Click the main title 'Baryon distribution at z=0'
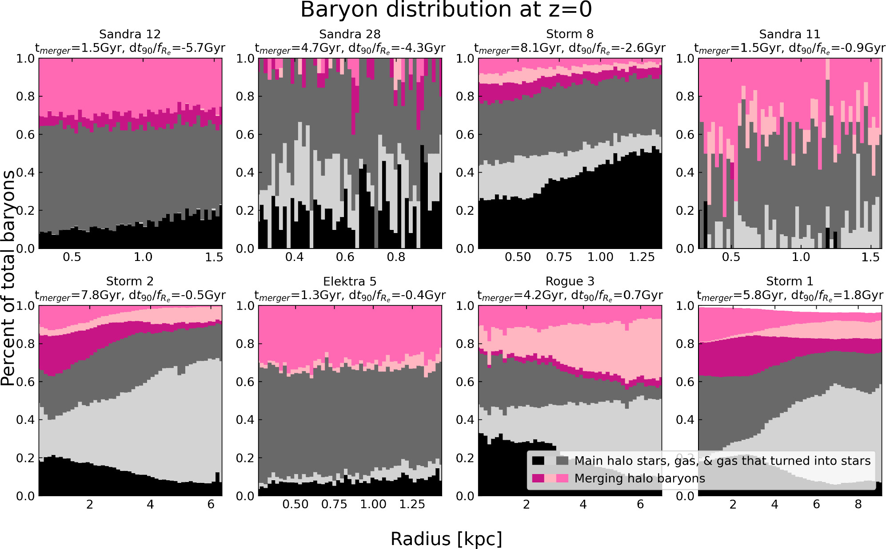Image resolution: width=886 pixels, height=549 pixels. tap(446, 10)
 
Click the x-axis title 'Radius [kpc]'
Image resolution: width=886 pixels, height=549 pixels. tap(446, 539)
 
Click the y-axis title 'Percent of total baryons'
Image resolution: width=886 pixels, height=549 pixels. tap(8, 278)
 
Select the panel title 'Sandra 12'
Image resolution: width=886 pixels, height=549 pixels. tap(130, 34)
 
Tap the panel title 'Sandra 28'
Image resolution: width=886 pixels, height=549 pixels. tap(350, 34)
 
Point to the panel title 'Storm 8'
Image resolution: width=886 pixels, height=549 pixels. tap(570, 34)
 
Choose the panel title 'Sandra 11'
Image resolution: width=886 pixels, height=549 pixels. tap(790, 34)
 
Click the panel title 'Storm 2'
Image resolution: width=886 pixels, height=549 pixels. tap(130, 281)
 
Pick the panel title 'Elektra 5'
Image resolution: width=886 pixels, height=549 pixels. tap(350, 281)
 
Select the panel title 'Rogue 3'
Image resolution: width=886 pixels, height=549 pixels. tap(570, 281)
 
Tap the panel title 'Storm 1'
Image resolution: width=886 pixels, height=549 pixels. tap(790, 281)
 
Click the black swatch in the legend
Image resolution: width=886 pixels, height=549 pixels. tap(538, 461)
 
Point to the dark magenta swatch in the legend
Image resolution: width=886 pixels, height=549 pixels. tap(538, 478)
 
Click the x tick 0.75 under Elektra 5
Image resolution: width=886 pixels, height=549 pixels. tap(334, 505)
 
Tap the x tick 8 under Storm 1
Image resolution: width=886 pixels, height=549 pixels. tap(858, 505)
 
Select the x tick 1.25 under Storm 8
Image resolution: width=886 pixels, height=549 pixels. tap(642, 257)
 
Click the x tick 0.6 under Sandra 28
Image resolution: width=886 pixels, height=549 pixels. tap(345, 257)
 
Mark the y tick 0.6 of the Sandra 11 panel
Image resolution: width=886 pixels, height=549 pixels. tap(685, 134)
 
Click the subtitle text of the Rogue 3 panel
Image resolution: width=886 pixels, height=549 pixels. tap(570, 295)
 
